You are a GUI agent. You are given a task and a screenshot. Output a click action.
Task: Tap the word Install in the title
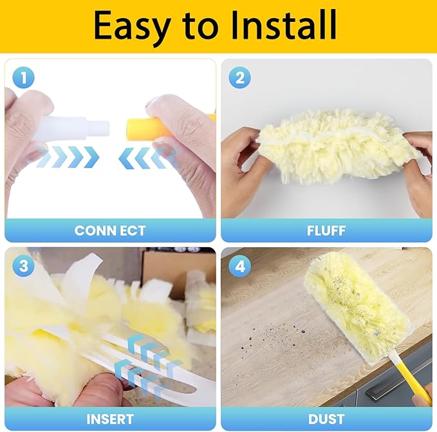[284, 24]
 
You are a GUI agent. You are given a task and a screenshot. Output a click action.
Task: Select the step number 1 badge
[23, 77]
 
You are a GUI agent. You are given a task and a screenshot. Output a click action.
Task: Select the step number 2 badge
[240, 77]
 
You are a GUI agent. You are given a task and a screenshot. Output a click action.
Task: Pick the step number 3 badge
[24, 266]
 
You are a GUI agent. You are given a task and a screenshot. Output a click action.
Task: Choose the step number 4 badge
[240, 266]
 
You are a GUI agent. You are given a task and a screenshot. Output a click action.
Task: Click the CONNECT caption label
[110, 230]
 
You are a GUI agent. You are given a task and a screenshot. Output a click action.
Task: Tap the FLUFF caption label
[326, 230]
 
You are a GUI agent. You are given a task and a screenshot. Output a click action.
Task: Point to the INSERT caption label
[110, 419]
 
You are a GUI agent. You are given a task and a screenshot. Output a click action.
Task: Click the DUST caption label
[326, 419]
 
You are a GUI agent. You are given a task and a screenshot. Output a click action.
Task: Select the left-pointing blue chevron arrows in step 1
[143, 158]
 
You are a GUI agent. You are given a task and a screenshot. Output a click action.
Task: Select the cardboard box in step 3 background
[167, 271]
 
